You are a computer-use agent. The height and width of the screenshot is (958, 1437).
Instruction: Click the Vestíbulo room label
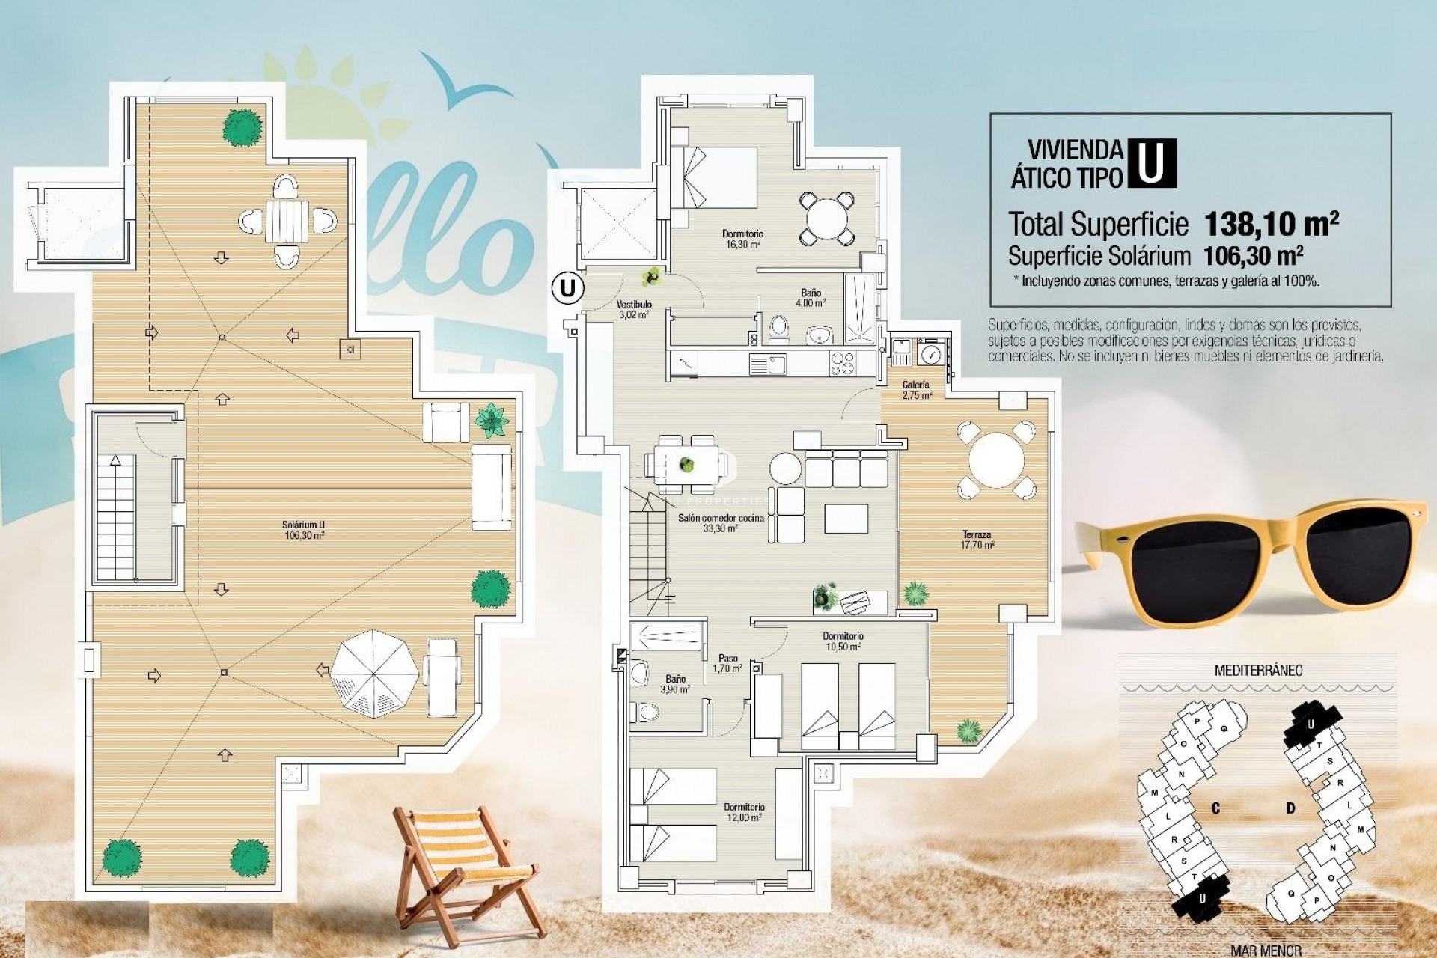point(634,309)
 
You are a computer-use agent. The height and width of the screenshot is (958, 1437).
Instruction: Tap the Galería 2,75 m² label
point(916,389)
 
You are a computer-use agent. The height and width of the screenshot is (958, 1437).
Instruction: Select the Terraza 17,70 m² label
point(977,540)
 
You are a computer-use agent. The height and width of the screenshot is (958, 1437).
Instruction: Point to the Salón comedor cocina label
point(721,522)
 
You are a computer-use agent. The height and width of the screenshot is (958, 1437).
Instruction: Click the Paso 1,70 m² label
point(727,663)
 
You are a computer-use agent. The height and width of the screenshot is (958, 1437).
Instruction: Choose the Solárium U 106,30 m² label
point(304,530)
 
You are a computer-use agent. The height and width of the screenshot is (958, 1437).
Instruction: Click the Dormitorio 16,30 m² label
point(742,239)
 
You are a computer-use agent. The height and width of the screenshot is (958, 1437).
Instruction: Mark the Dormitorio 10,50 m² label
point(843,641)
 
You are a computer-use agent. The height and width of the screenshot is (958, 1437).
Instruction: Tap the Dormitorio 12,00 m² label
point(744,812)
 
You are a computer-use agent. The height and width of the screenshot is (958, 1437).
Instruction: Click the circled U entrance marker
point(568,287)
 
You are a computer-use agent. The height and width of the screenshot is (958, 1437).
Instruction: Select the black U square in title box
point(1151,163)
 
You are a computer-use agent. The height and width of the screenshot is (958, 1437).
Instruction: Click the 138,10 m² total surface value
point(1271,223)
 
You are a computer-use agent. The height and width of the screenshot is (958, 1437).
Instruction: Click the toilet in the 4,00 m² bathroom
point(779,328)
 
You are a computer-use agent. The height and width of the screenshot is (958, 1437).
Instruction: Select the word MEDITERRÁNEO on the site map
point(1257,671)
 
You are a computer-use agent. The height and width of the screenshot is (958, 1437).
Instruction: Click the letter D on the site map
point(1290,808)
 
